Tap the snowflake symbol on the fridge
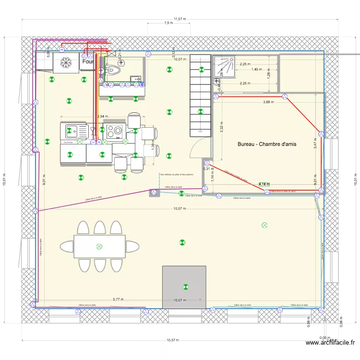point(66,61)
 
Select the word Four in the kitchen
point(87,62)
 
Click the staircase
point(200,94)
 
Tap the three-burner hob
point(115,131)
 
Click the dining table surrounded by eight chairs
point(99,246)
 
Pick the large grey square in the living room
point(184,287)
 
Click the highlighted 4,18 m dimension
point(264,184)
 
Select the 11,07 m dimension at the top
point(180,19)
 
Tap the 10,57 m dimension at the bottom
point(172,340)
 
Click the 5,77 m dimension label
point(118,300)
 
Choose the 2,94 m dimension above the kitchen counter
point(102,116)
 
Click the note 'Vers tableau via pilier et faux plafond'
point(177,175)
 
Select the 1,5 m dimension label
point(168,23)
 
